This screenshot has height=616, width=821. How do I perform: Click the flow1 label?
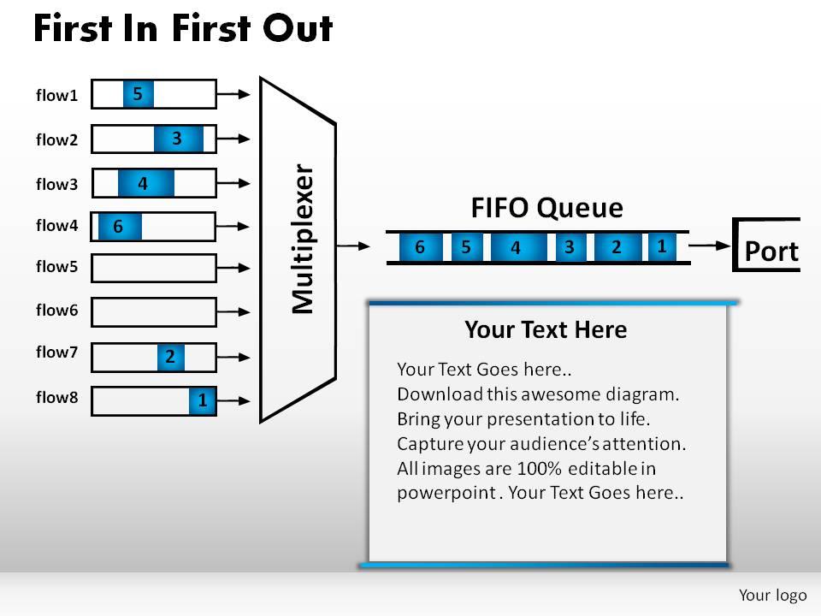(x=56, y=95)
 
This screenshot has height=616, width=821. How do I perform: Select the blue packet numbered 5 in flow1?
(x=138, y=93)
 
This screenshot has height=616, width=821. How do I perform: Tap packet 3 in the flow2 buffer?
(x=178, y=138)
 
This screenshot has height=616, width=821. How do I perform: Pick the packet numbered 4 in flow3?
(x=145, y=183)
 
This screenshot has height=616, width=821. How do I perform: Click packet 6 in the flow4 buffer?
(x=119, y=227)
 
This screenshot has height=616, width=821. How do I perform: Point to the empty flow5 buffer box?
(x=154, y=268)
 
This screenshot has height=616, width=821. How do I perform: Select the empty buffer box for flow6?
(x=154, y=311)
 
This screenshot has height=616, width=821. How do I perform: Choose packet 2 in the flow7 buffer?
(x=171, y=357)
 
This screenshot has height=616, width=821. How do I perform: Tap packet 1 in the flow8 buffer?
(x=203, y=400)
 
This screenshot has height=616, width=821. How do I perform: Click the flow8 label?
(x=56, y=397)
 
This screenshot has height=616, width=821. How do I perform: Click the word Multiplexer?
(x=304, y=239)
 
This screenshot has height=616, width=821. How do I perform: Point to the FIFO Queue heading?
(x=546, y=208)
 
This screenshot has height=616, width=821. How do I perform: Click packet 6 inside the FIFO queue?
(x=420, y=247)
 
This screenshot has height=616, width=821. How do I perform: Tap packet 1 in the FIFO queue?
(x=662, y=246)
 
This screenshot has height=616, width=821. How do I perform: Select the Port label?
(x=771, y=252)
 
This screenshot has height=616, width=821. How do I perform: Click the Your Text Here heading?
(x=546, y=329)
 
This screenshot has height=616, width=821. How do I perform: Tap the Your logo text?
(x=767, y=594)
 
